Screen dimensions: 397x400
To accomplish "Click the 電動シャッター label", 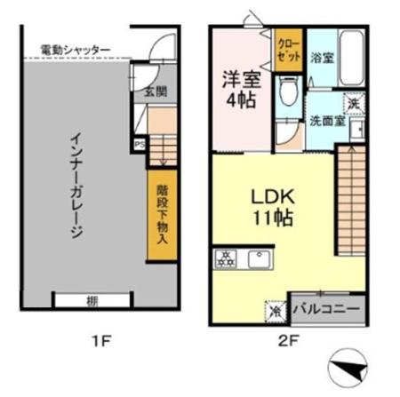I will click(x=75, y=49).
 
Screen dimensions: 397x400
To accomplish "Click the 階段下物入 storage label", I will click(x=162, y=214).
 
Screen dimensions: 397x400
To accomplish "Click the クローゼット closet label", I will click(x=288, y=50).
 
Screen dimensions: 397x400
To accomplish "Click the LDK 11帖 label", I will click(x=271, y=205).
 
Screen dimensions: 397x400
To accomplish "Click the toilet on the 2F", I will click(x=286, y=93).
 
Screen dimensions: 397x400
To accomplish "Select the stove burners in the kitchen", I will click(x=226, y=259).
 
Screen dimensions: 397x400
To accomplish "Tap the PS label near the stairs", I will click(x=139, y=143).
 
